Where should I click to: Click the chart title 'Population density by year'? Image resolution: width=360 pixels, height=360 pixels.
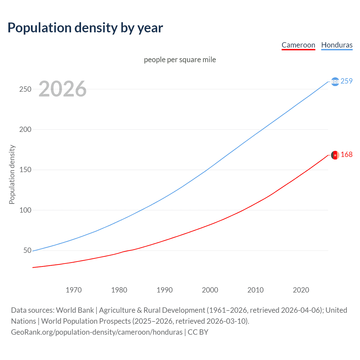[x=85, y=28]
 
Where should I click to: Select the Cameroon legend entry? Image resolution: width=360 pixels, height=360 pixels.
[x=298, y=45]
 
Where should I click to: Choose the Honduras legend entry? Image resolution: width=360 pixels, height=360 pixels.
[x=337, y=45]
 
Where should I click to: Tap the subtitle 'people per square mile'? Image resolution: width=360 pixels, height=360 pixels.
[x=180, y=60]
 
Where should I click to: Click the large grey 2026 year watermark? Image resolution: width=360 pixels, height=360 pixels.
[x=62, y=89]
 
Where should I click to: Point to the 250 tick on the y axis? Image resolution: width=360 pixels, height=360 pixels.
[x=25, y=89]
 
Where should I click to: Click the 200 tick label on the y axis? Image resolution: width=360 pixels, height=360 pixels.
[x=25, y=130]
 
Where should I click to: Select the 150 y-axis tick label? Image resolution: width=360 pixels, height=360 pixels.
[x=25, y=170]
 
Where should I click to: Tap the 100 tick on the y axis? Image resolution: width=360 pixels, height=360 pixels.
[x=25, y=210]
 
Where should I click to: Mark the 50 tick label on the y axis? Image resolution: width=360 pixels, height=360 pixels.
[x=27, y=250]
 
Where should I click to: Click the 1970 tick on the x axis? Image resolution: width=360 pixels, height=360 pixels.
[x=74, y=290]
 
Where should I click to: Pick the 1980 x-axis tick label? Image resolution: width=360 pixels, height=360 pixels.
[x=119, y=290]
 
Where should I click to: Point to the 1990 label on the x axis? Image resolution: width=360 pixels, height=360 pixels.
[x=165, y=290]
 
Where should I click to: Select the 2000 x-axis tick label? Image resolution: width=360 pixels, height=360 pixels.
[x=210, y=290]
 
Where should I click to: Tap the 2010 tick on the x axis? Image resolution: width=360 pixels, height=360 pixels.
[x=255, y=290]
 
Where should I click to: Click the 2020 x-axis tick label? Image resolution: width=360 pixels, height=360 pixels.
[x=301, y=290]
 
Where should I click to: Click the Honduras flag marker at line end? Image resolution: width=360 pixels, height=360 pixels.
[x=335, y=82]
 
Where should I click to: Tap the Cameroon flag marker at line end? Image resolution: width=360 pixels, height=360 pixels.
[x=335, y=155]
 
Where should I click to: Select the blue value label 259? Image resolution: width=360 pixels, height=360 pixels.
[x=346, y=81]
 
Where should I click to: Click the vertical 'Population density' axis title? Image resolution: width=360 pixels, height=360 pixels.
[x=12, y=174]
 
